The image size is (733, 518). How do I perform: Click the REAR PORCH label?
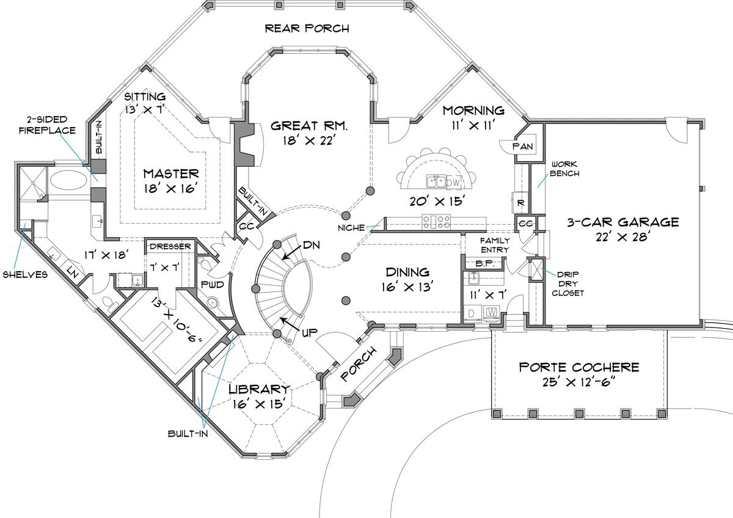307,29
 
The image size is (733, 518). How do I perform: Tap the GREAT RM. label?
309,126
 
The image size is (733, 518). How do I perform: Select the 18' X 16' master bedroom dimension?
171,188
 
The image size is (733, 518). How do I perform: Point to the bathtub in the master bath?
69,180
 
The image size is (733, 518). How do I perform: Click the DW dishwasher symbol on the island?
453,183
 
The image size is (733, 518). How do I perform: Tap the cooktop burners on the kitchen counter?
436,222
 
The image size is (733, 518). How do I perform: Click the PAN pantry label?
523,146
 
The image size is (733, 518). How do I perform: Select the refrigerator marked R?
520,203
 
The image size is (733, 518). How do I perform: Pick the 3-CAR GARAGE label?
622,222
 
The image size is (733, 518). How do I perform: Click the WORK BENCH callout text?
564,169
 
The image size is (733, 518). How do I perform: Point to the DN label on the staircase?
311,245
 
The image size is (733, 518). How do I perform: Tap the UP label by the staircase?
309,333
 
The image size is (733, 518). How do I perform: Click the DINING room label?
407,272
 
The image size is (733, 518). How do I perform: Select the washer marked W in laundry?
491,312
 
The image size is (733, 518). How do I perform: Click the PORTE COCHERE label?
579,367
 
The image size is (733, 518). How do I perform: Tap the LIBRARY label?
259,389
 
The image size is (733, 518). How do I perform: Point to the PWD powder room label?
213,285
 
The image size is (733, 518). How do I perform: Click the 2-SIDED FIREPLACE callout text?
47,125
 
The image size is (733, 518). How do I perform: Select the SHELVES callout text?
25,274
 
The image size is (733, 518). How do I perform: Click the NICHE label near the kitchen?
351,228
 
